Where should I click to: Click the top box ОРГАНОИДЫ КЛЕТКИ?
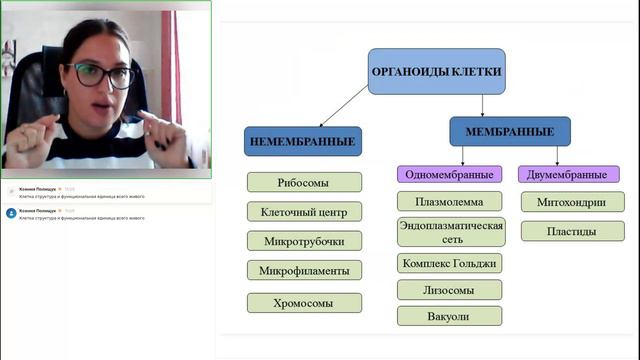click(436, 72)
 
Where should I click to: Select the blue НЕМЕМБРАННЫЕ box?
click(303, 141)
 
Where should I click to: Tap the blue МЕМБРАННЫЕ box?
click(509, 131)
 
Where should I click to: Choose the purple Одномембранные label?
click(449, 174)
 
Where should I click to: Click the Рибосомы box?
click(303, 183)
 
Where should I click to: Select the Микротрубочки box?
click(303, 241)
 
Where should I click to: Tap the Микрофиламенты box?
click(303, 270)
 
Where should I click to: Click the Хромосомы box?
click(303, 302)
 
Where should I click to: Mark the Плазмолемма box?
click(449, 202)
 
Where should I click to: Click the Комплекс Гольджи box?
click(449, 264)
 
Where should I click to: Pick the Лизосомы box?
click(449, 290)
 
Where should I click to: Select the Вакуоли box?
click(449, 316)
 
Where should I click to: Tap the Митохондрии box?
click(572, 202)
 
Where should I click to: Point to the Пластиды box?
click(572, 231)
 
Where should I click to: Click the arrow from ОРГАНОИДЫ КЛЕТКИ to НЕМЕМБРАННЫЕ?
click(345, 106)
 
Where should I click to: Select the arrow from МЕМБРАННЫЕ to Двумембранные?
click(557, 153)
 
